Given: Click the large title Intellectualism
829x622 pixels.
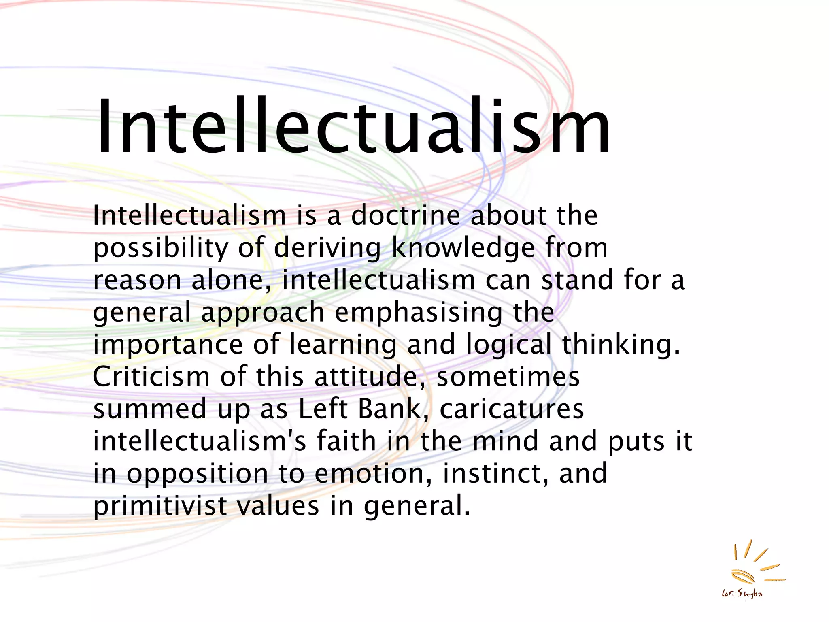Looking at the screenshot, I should [352, 126].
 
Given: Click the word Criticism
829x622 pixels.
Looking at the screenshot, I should [151, 377].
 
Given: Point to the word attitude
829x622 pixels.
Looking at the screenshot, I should [366, 377].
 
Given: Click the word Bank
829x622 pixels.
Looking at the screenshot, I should [389, 409].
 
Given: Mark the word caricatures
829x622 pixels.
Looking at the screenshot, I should [512, 409].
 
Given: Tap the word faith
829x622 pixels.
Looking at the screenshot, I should [346, 441].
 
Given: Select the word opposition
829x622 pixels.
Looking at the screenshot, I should [197, 474].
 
